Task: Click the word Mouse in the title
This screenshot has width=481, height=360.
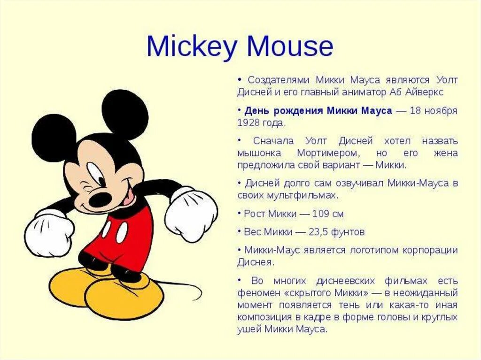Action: [x=290, y=46]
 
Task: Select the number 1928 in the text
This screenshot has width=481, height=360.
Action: [x=249, y=123]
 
